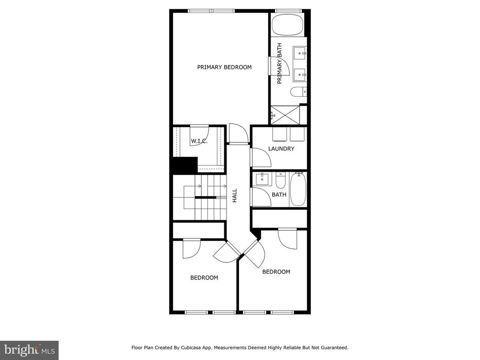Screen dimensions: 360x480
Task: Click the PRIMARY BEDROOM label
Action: [224, 67]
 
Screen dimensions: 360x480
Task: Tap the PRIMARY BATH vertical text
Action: [279, 64]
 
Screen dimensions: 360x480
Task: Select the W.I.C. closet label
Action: [198, 141]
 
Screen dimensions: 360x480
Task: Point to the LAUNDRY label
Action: [281, 149]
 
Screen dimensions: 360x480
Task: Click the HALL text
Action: [234, 196]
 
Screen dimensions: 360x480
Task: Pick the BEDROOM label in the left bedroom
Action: [204, 278]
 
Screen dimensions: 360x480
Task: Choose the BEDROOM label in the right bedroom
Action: [276, 272]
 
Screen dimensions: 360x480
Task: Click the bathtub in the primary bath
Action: [287, 25]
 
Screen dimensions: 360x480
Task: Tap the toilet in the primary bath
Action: [298, 92]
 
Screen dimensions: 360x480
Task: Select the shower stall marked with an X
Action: [285, 115]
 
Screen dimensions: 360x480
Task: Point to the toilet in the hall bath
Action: [281, 181]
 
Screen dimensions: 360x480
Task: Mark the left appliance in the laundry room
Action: [280, 134]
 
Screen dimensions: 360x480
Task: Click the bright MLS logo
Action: [29, 350]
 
